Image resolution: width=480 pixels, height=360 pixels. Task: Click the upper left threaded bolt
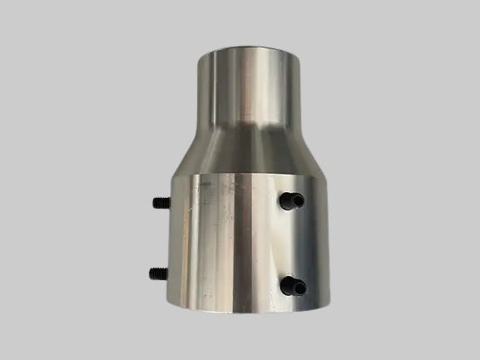[x=160, y=202]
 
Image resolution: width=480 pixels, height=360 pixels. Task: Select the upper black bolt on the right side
[x=289, y=200]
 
